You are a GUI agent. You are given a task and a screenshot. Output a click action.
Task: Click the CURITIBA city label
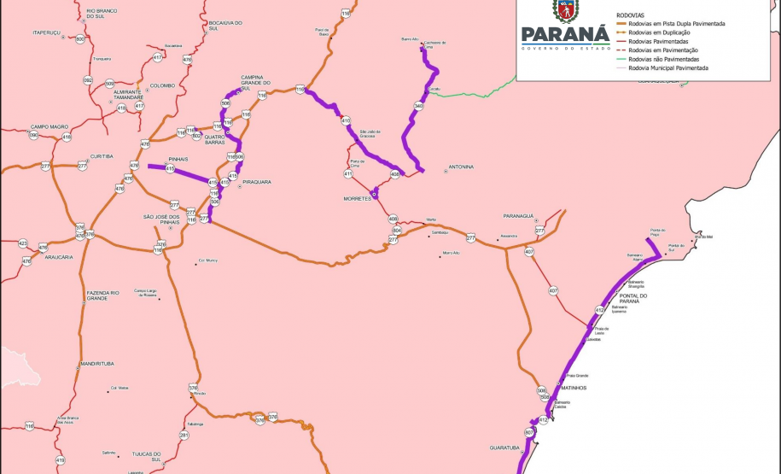click(102, 157)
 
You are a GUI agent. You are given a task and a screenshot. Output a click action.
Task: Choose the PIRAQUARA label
click(257, 183)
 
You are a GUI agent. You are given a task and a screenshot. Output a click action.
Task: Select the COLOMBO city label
click(162, 85)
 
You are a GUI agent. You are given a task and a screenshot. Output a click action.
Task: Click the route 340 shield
click(418, 106)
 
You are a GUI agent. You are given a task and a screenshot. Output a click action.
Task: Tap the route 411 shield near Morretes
click(348, 174)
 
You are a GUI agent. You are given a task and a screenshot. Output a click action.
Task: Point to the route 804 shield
click(397, 231)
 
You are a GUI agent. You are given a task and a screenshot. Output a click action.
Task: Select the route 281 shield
click(184, 436)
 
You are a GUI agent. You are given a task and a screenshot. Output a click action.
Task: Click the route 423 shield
click(23, 243)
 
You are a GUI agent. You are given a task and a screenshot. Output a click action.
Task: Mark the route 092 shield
click(88, 80)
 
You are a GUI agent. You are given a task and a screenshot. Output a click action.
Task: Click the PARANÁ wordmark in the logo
click(564, 35)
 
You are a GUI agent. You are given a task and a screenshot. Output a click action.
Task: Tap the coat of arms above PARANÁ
click(565, 10)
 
